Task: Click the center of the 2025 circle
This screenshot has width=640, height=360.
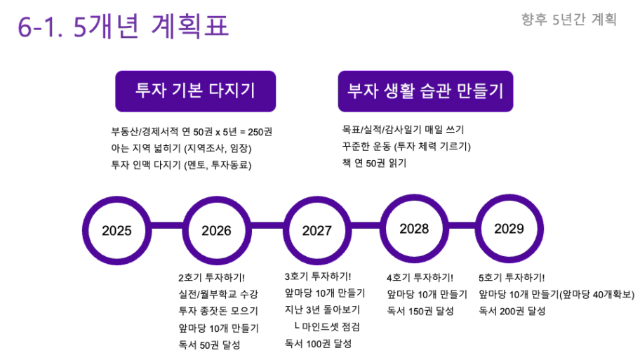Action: pyautogui.click(x=116, y=231)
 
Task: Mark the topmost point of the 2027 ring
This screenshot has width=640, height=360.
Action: pyautogui.click(x=317, y=196)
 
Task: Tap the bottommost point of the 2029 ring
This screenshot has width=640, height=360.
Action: pyautogui.click(x=509, y=263)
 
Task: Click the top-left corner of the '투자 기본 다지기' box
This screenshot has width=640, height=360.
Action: pyautogui.click(x=116, y=71)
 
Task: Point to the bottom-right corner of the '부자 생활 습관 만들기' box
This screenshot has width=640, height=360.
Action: pyautogui.click(x=513, y=112)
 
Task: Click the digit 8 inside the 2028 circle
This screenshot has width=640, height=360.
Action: pyautogui.click(x=425, y=229)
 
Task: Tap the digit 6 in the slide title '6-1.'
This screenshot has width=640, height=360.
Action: pyautogui.click(x=25, y=28)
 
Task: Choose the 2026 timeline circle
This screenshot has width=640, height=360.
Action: pyautogui.click(x=217, y=231)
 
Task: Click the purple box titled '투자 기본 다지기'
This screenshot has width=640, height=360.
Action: pyautogui.click(x=196, y=91)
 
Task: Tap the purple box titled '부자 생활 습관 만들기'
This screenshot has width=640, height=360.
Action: pyautogui.click(x=425, y=91)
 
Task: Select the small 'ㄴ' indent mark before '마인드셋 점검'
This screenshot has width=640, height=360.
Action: pyautogui.click(x=297, y=326)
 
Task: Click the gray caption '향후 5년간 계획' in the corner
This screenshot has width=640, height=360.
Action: pyautogui.click(x=568, y=19)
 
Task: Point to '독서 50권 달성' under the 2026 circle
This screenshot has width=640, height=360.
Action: pyautogui.click(x=209, y=345)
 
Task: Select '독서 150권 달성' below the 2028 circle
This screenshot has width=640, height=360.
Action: pyautogui.click(x=420, y=311)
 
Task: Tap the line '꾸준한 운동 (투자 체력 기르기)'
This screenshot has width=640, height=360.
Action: pyautogui.click(x=406, y=147)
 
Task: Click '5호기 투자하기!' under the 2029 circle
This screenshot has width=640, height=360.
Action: pyautogui.click(x=512, y=278)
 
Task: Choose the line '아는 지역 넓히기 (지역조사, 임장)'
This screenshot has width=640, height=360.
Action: pyautogui.click(x=181, y=148)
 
